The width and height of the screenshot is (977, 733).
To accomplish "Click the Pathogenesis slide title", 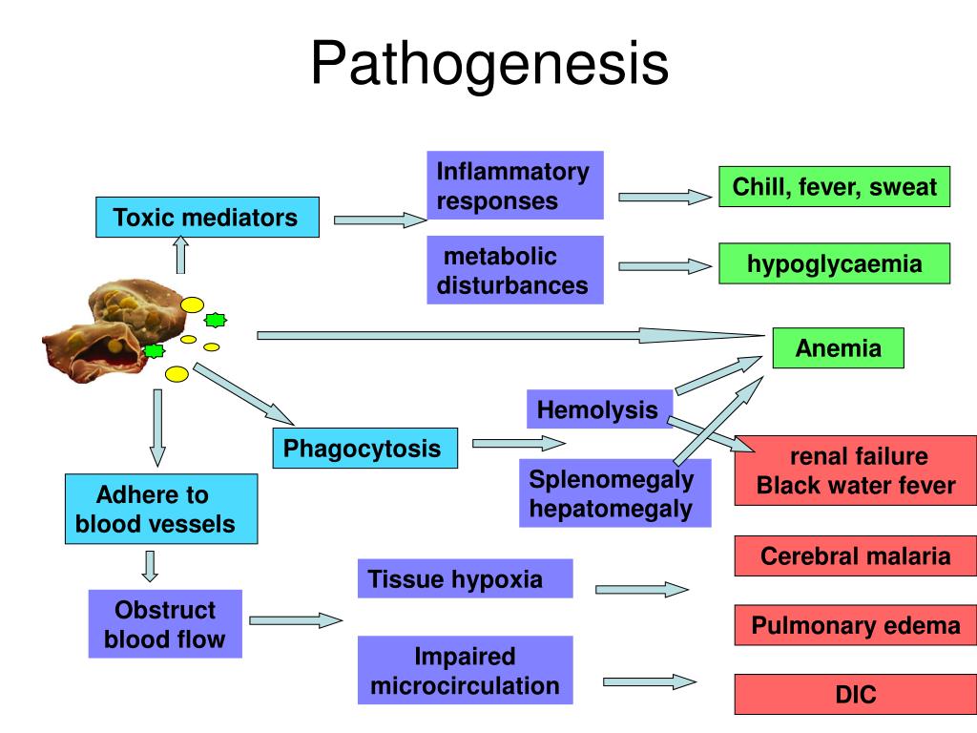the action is [489, 63].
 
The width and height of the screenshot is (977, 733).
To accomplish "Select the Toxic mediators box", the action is [207, 217].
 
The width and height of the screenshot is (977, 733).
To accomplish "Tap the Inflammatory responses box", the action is [515, 185].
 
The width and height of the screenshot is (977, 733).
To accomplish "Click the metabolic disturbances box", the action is [515, 270].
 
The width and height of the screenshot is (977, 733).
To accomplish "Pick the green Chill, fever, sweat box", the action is [834, 186].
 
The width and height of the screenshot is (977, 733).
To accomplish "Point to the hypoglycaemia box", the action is [834, 263].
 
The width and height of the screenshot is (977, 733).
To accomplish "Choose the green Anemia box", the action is [838, 347].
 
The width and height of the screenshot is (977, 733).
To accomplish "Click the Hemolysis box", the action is [599, 408].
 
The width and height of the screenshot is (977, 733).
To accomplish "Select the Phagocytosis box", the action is [365, 449].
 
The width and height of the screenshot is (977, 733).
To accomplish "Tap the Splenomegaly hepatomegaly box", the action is [615, 493].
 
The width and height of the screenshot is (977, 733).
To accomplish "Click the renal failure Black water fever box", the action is [856, 471].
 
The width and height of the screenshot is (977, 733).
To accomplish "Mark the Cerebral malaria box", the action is [856, 555].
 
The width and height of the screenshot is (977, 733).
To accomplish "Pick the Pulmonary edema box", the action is [856, 624].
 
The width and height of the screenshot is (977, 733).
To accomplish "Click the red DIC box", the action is [856, 694].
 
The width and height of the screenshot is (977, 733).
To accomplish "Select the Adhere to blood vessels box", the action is [161, 509].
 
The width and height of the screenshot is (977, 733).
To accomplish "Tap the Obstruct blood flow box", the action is [165, 624].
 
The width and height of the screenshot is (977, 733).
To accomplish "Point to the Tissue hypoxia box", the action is [465, 578].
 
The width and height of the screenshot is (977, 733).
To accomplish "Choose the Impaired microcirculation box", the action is [465, 670].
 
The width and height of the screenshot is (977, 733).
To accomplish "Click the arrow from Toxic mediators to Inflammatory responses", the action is [380, 220].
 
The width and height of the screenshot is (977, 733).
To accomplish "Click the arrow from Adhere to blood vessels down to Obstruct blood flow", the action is [150, 566].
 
